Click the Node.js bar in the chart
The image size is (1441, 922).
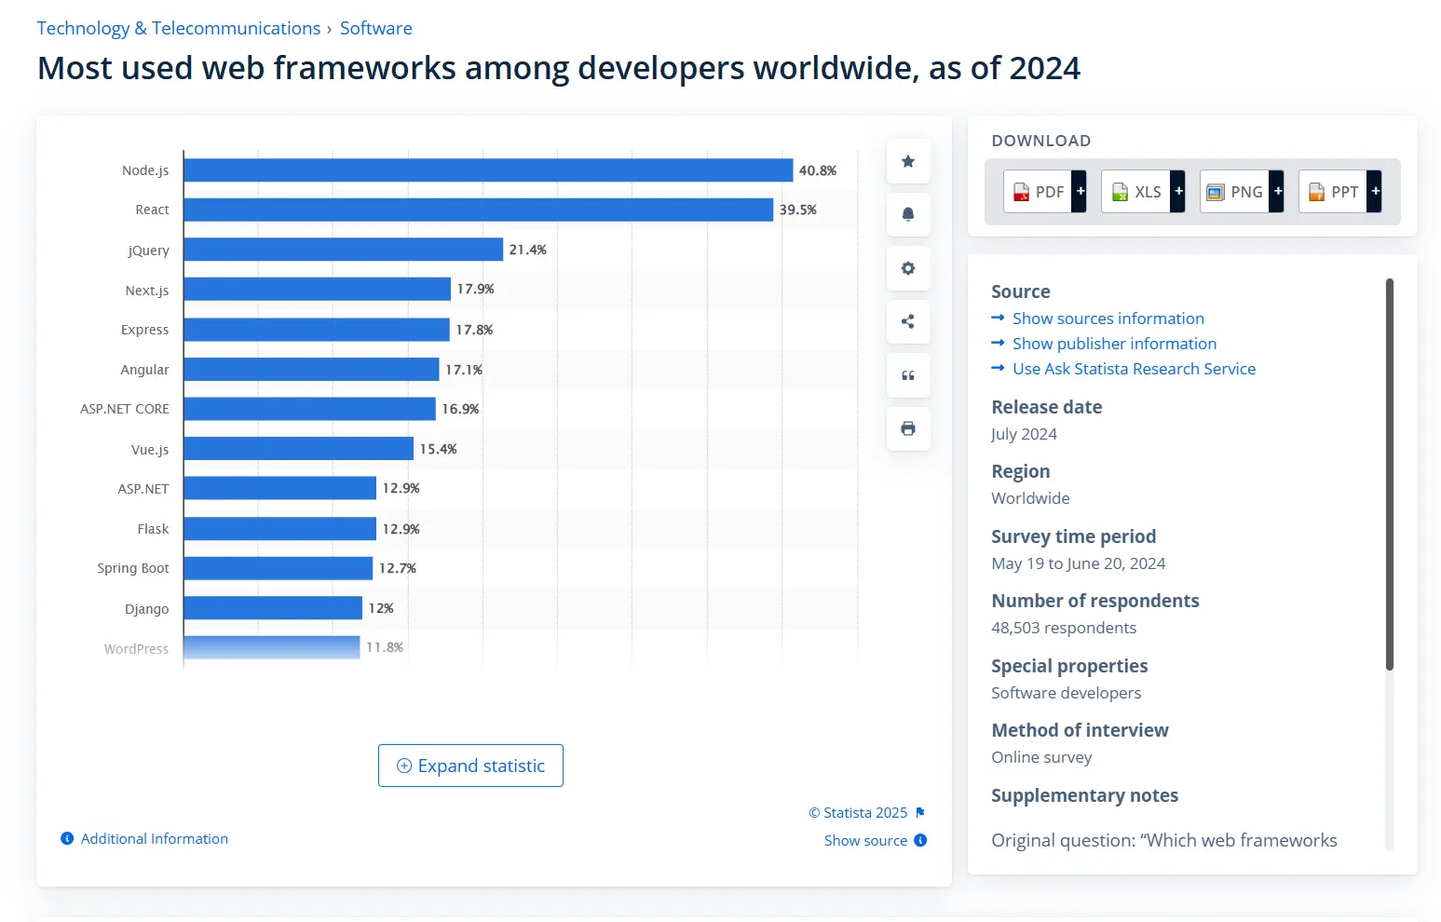click(488, 170)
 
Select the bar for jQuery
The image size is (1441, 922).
click(343, 250)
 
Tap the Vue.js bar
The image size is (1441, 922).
click(298, 449)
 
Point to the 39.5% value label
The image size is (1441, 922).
click(798, 210)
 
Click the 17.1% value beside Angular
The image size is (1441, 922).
click(464, 370)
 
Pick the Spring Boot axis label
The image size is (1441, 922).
click(133, 568)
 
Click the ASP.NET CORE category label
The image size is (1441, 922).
click(125, 409)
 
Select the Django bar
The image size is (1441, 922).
click(273, 608)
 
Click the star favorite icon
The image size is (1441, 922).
click(908, 161)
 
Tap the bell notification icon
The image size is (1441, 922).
click(908, 214)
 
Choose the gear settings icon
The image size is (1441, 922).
click(908, 268)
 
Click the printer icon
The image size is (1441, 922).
click(908, 428)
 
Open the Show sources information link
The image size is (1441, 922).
click(1108, 319)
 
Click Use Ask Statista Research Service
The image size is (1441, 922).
click(1134, 369)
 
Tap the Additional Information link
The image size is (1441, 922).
click(154, 839)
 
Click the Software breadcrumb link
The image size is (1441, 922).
click(375, 29)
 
